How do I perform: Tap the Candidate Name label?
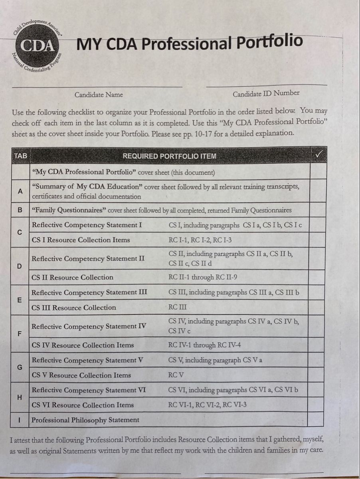(x=99, y=95)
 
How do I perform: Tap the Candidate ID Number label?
(x=266, y=93)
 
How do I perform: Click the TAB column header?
(x=20, y=156)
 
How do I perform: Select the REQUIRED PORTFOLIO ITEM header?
(x=169, y=156)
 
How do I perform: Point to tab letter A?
(x=20, y=191)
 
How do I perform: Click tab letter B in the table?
(x=20, y=210)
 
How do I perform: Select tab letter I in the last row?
(x=20, y=420)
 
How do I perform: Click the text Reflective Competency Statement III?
(x=89, y=292)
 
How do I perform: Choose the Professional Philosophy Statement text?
(x=85, y=420)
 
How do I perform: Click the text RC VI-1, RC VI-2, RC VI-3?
(x=207, y=405)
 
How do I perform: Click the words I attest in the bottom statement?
(x=21, y=441)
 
